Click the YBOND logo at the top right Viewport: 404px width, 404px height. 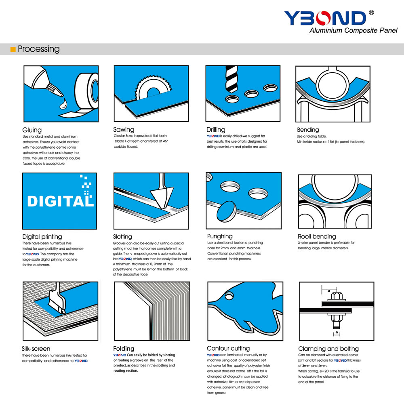pyautogui.click(x=325, y=18)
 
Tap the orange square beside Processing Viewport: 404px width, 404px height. pyautogui.click(x=13, y=49)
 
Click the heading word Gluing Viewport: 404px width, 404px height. pyautogui.click(x=32, y=130)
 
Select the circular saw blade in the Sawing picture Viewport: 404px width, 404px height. pyautogui.click(x=153, y=89)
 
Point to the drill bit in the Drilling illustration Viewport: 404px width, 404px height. pyautogui.click(x=231, y=79)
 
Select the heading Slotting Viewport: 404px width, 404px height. pyautogui.click(x=122, y=236)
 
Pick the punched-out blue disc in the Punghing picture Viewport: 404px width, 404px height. pyautogui.click(x=227, y=211)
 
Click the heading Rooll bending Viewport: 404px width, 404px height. pyautogui.click(x=317, y=236)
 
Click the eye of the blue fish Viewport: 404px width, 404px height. pyautogui.click(x=229, y=296)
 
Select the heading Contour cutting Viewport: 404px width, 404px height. pyautogui.click(x=228, y=348)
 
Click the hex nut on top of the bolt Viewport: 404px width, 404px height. pyautogui.click(x=335, y=296)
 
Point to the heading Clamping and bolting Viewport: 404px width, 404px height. pyautogui.click(x=328, y=349)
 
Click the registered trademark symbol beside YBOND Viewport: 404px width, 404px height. pyautogui.click(x=371, y=13)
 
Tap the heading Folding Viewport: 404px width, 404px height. pyautogui.click(x=123, y=349)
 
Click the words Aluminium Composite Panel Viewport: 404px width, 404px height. pyautogui.click(x=353, y=30)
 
